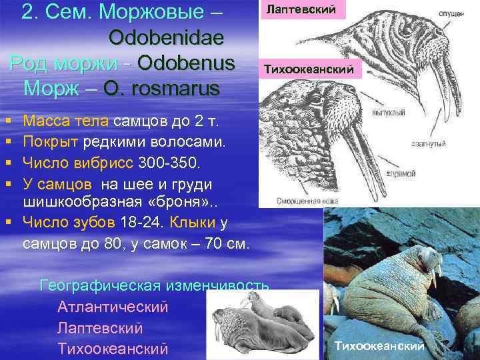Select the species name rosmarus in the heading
(179, 88)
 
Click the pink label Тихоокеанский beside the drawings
(310, 69)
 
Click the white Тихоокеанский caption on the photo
(379, 346)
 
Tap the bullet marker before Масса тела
(7, 122)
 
